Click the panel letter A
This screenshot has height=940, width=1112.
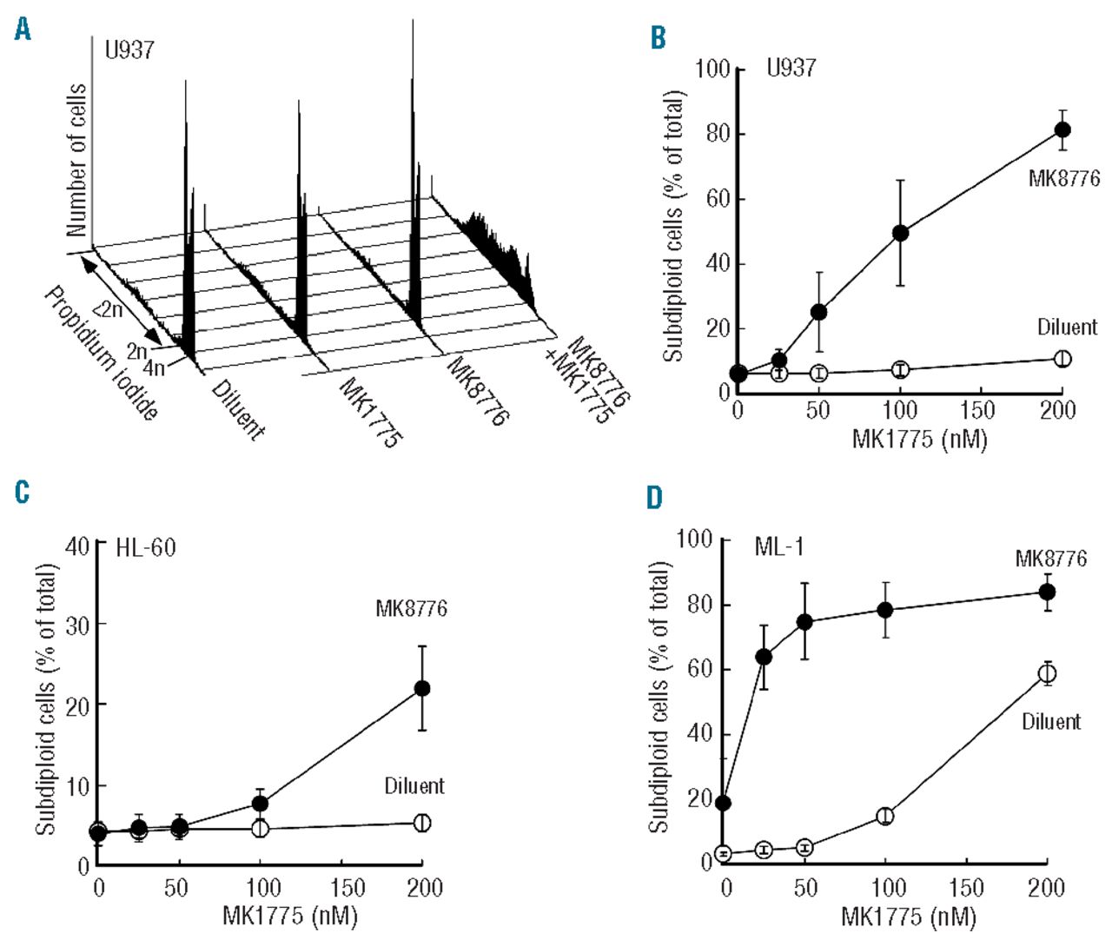click(23, 30)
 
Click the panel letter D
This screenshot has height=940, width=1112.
click(654, 498)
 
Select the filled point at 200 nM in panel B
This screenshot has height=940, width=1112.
click(1062, 130)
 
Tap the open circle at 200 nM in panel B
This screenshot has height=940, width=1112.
click(1062, 359)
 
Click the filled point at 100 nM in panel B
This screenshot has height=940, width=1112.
click(901, 233)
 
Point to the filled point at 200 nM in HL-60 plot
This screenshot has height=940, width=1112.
click(422, 688)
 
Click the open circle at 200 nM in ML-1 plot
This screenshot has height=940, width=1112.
click(1048, 672)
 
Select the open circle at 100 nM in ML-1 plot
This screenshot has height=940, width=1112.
click(885, 816)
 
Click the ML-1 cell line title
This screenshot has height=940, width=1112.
click(779, 548)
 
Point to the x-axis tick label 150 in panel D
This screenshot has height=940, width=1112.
click(966, 888)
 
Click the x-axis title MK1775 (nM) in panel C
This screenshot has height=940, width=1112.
click(290, 915)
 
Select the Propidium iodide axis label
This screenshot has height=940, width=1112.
click(100, 352)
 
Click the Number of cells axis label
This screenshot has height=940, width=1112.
click(76, 160)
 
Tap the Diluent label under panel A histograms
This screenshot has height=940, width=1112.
click(237, 409)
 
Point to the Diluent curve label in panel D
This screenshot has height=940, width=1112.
click(1051, 722)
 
